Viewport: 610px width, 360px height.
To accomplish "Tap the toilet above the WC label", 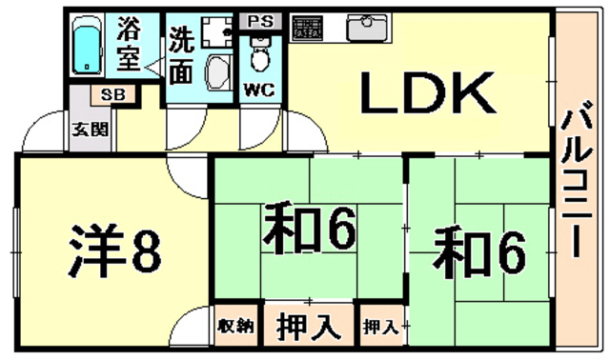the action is pyautogui.click(x=257, y=58).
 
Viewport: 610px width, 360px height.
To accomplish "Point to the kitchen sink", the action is pyautogui.click(x=367, y=29).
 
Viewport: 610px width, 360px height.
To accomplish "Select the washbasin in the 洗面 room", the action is pyautogui.click(x=219, y=72).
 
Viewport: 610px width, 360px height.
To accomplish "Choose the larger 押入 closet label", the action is pyautogui.click(x=309, y=327).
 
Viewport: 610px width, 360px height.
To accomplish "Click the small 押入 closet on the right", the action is pyautogui.click(x=380, y=327).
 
